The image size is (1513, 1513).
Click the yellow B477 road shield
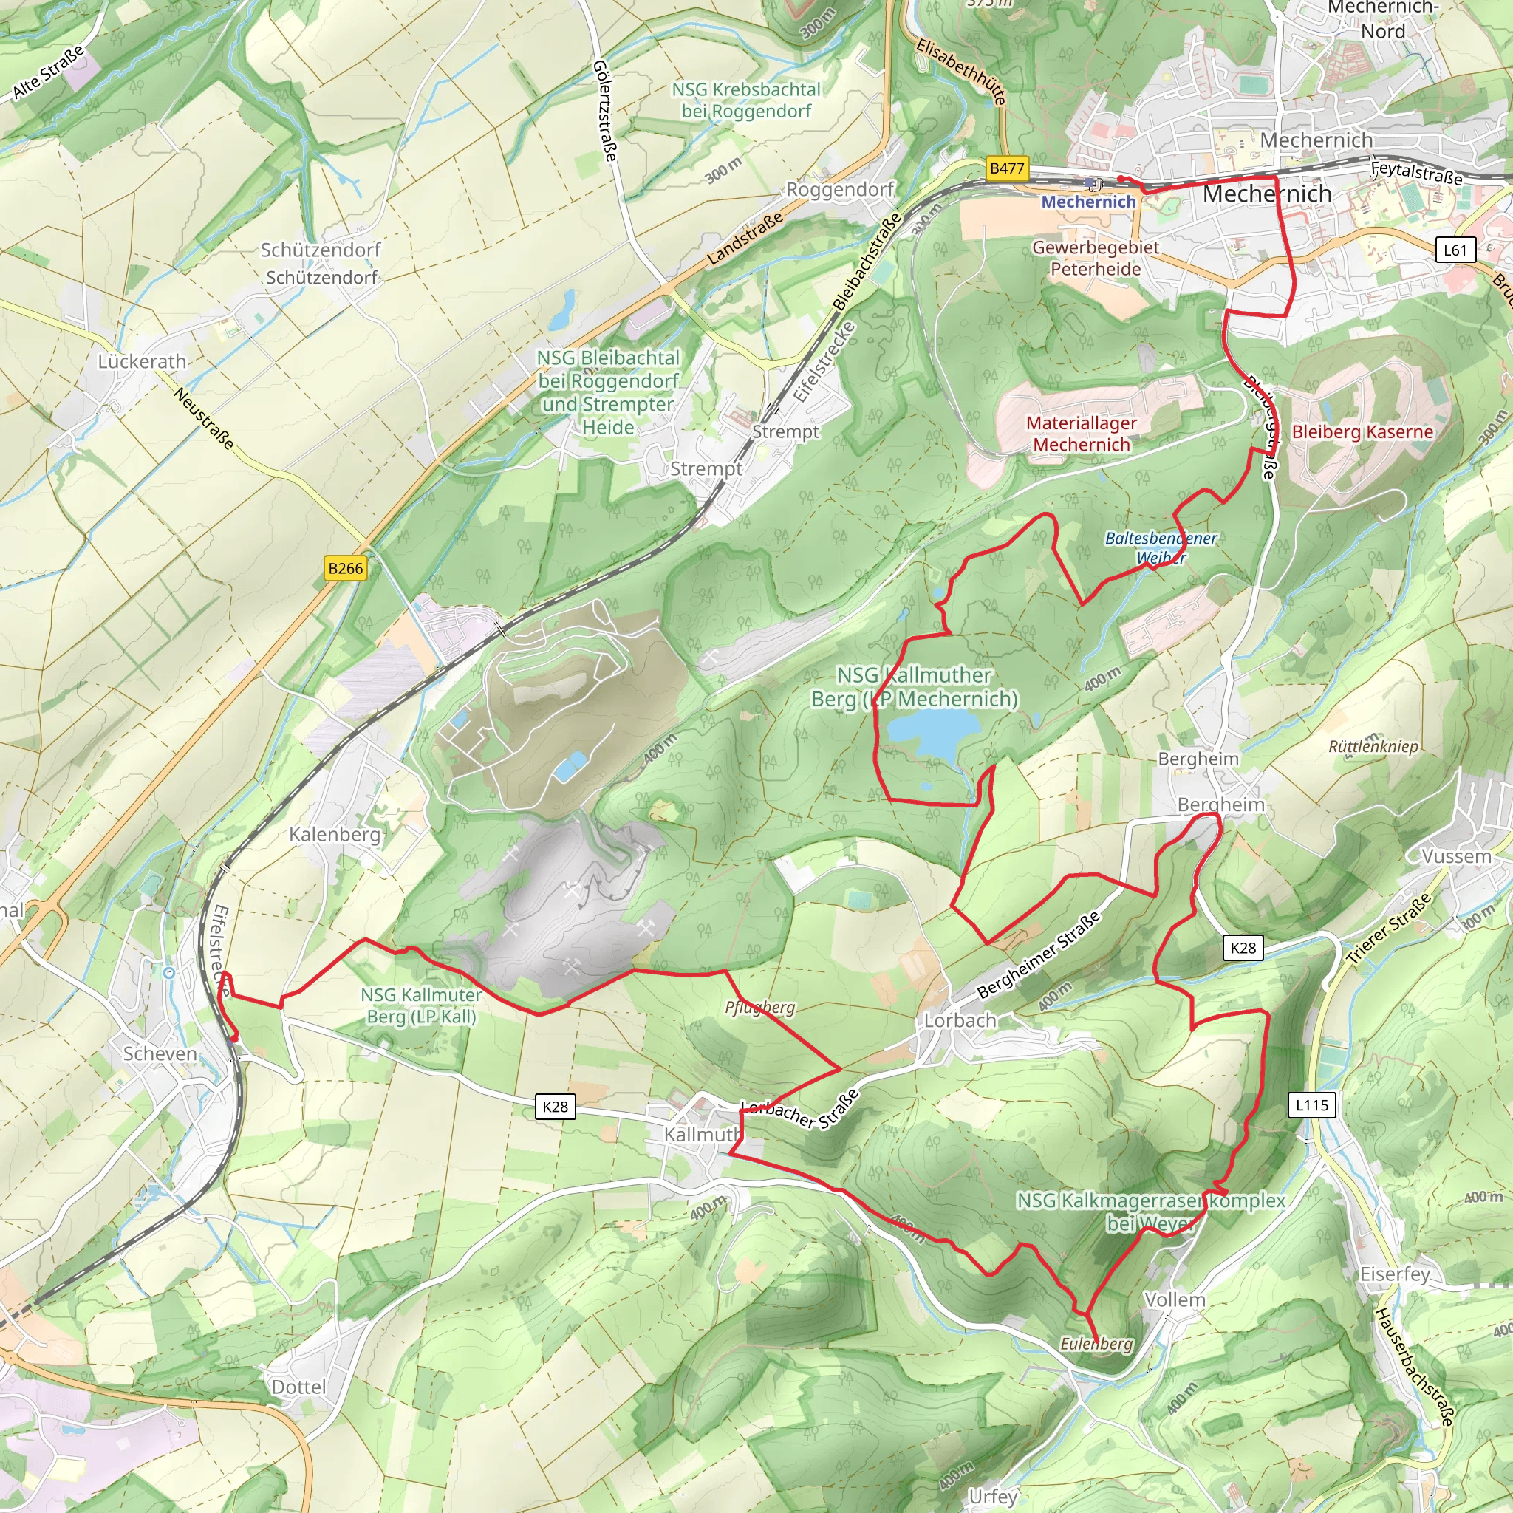click(x=1006, y=168)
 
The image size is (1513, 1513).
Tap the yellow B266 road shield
click(x=345, y=569)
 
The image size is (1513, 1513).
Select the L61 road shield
click(x=1454, y=250)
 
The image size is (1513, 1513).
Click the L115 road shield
click(x=1312, y=1105)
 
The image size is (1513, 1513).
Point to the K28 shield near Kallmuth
click(x=556, y=1107)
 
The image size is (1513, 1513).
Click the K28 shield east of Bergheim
click(x=1243, y=949)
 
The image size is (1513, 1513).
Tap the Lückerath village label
click(x=142, y=362)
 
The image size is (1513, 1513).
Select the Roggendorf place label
click(x=839, y=190)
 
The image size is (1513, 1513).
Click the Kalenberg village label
click(x=335, y=834)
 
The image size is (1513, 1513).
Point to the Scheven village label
click(x=160, y=1054)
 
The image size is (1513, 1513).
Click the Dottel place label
click(x=298, y=1387)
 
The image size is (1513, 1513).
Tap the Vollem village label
click(x=1175, y=1300)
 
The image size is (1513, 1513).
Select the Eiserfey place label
click(x=1395, y=1274)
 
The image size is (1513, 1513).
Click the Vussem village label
click(x=1456, y=857)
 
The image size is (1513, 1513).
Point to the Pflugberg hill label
click(x=759, y=1007)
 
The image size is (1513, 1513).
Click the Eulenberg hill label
click(x=1096, y=1344)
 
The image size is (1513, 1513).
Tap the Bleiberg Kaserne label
click(x=1362, y=431)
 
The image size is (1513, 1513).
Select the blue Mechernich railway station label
click(x=1087, y=201)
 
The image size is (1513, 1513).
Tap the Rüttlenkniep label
click(x=1373, y=745)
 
